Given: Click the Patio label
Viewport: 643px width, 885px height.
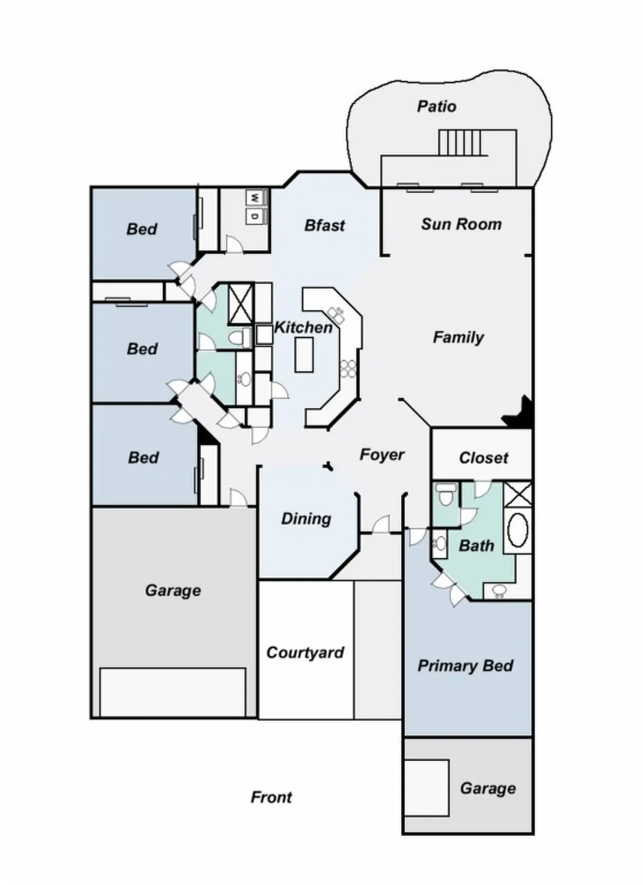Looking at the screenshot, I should coord(437,106).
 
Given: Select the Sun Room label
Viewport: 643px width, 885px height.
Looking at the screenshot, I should coord(461,224).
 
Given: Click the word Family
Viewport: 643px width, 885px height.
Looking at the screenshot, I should coord(458,337).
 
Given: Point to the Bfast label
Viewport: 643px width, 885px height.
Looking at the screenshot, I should coord(324,225).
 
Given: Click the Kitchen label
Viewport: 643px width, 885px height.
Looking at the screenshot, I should coord(303,327).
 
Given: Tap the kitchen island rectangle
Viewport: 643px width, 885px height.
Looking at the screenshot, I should coord(304,355).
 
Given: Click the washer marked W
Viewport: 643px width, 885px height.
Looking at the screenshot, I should coord(255,198).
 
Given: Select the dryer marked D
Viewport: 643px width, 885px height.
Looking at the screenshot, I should coord(255,216).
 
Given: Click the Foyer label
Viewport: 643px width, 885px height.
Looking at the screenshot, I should coord(382,455).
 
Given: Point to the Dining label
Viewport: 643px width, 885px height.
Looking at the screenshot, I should coord(306,519).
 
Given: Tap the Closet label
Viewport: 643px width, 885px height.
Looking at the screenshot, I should coord(484,458).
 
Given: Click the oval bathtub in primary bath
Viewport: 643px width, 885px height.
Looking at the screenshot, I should coord(518,530).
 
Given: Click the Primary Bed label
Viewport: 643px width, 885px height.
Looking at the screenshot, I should coord(465,666).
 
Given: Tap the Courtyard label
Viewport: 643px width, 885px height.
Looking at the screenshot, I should coord(305,653).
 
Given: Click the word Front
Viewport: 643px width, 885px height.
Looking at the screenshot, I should coord(271,798).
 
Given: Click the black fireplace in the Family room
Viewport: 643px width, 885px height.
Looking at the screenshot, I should coord(520,413).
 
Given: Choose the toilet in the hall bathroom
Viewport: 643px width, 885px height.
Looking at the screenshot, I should coord(239,338).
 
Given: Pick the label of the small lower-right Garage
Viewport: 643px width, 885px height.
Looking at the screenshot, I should coord(488,788).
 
